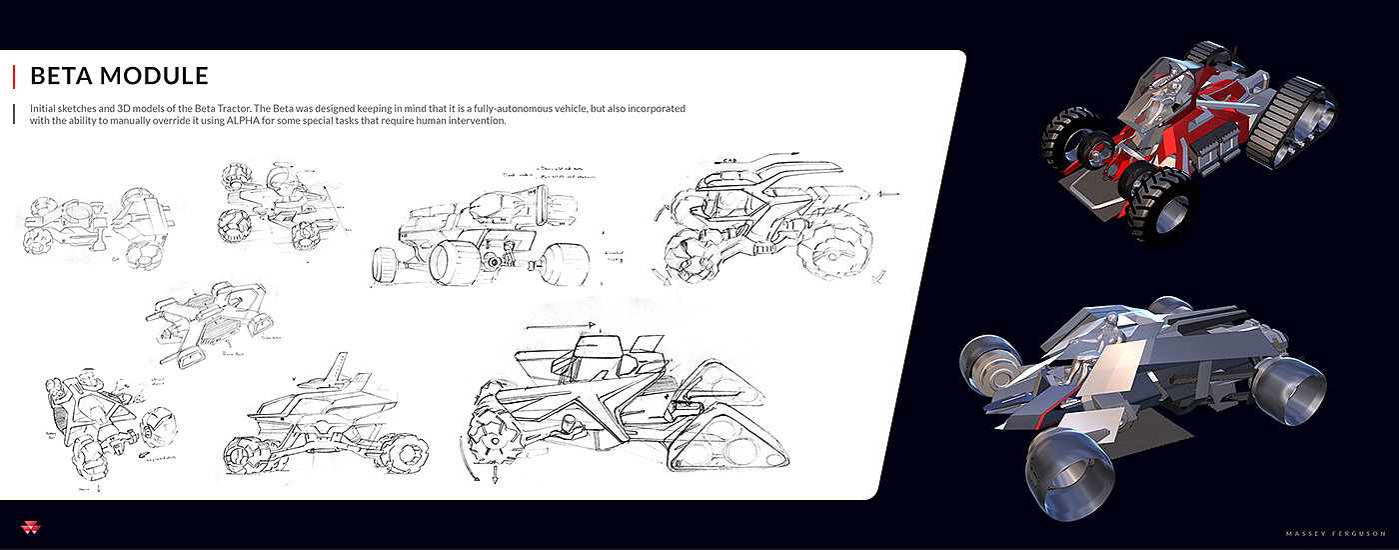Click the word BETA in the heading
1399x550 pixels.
click(x=61, y=76)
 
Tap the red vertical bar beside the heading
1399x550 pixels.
click(x=13, y=77)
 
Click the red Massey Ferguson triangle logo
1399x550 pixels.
click(x=26, y=527)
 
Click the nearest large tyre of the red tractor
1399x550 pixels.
click(x=1160, y=207)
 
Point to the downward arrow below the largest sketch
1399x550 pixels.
click(x=493, y=474)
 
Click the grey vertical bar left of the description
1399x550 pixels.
click(x=13, y=114)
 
